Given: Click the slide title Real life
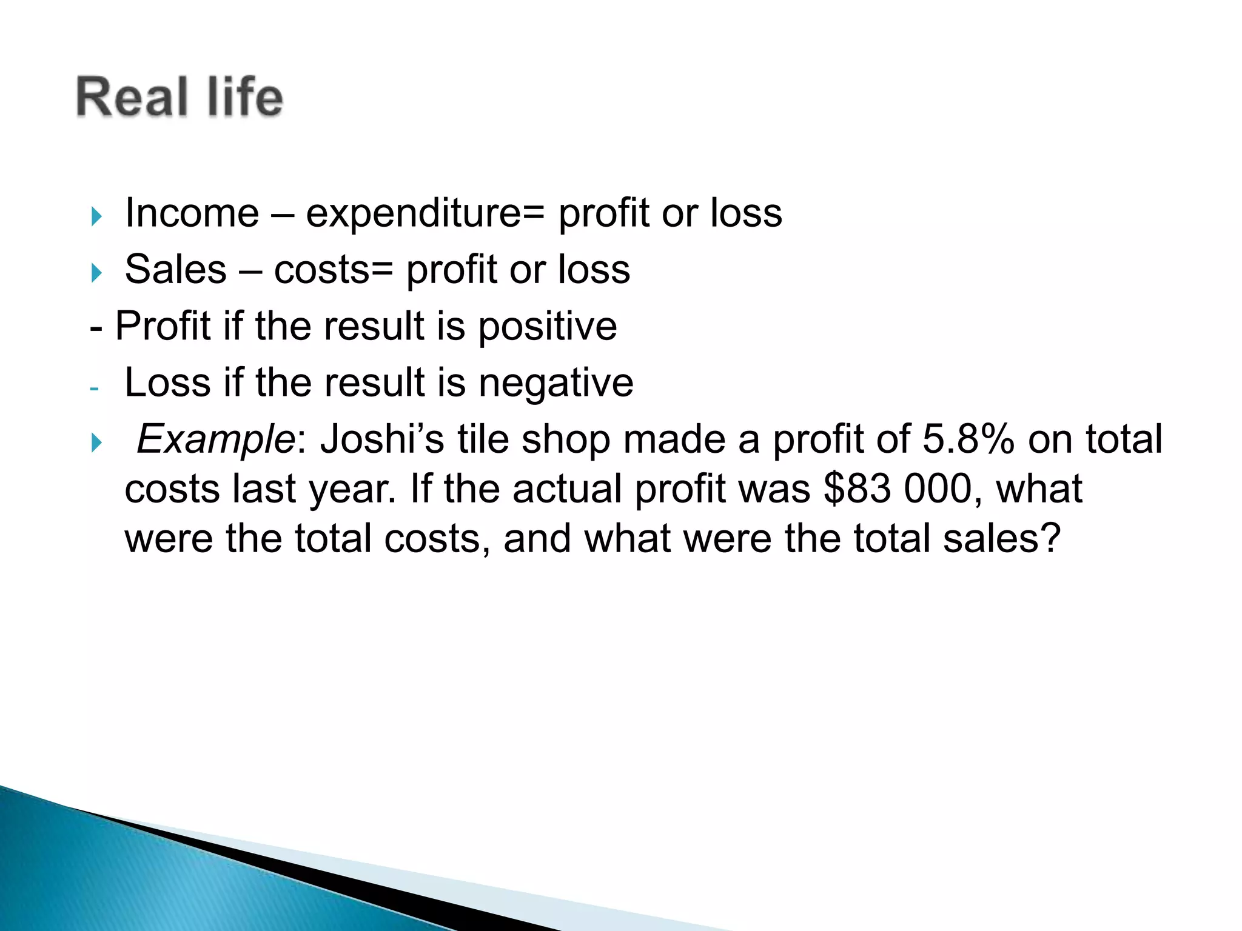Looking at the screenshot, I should click(x=180, y=97).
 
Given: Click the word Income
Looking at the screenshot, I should click(x=192, y=213).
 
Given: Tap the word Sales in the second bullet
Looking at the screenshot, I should click(x=175, y=270).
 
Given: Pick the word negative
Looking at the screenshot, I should click(x=556, y=383).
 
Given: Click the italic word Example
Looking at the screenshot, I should click(x=215, y=440).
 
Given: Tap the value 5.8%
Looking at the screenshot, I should click(x=968, y=439).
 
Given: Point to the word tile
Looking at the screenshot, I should click(x=483, y=439).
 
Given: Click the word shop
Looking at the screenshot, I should click(x=565, y=440).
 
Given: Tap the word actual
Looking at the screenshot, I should click(x=567, y=489).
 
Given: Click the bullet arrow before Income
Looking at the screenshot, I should click(x=96, y=216).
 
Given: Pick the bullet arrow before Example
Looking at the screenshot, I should click(x=96, y=442).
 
